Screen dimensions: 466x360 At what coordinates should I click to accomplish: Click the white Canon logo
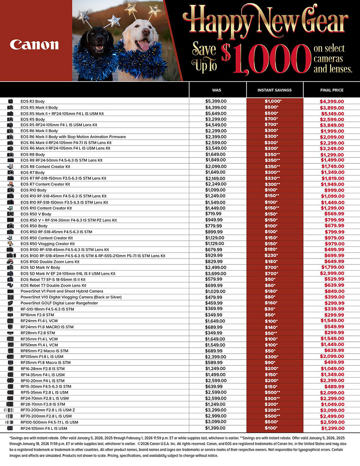pyautogui.click(x=35, y=44)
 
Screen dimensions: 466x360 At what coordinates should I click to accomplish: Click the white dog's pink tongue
pyautogui.click(x=144, y=45)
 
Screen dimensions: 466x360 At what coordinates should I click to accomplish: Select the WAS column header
pyautogui.click(x=217, y=90)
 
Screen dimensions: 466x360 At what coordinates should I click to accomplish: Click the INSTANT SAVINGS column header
pyautogui.click(x=274, y=90)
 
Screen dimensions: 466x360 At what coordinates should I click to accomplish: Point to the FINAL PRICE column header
pyautogui.click(x=331, y=90)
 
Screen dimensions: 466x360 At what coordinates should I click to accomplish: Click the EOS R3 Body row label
pyautogui.click(x=32, y=101)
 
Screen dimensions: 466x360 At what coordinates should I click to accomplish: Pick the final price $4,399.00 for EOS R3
pyautogui.click(x=331, y=101)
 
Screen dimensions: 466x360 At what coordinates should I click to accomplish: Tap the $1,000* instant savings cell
pyautogui.click(x=273, y=101)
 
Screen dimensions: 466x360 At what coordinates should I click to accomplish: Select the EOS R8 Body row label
pyautogui.click(x=32, y=154)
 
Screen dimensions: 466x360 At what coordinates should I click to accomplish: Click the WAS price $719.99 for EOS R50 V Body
pyautogui.click(x=215, y=214)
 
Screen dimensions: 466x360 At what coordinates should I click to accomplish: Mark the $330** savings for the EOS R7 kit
pyautogui.click(x=273, y=178)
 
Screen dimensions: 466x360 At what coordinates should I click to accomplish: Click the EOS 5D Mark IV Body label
pyautogui.click(x=40, y=268)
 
